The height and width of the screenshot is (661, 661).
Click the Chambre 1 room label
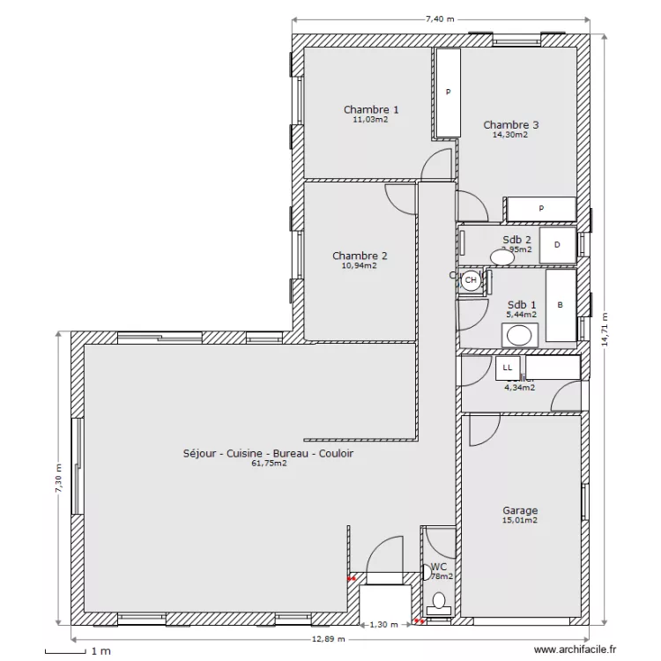pyautogui.click(x=370, y=109)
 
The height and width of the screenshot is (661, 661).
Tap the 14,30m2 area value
pyautogui.click(x=510, y=136)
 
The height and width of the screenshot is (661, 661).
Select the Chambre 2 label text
pyautogui.click(x=360, y=256)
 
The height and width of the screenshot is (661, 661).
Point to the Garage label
pyautogui.click(x=520, y=510)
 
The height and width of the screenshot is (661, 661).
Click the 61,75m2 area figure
pyautogui.click(x=269, y=463)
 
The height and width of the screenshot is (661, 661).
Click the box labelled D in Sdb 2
pyautogui.click(x=557, y=246)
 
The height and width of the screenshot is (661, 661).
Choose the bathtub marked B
pyautogui.click(x=561, y=305)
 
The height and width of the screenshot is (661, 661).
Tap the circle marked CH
pyautogui.click(x=472, y=280)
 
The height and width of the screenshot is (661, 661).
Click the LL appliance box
pyautogui.click(x=507, y=367)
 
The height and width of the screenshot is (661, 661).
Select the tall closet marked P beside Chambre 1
pyautogui.click(x=448, y=92)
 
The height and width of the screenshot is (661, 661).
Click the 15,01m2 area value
pyautogui.click(x=520, y=521)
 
